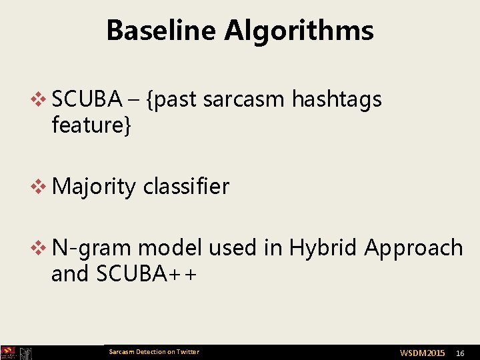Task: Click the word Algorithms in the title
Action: (x=299, y=31)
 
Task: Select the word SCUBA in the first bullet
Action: (x=87, y=99)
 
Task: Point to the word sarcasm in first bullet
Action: (x=243, y=99)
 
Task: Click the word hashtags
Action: (x=337, y=99)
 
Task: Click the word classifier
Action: (x=186, y=187)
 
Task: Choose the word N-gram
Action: (x=93, y=248)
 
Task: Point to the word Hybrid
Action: (x=324, y=248)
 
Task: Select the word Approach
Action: (x=413, y=248)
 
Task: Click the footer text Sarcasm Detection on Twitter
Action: (x=154, y=352)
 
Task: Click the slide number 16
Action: (x=460, y=353)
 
